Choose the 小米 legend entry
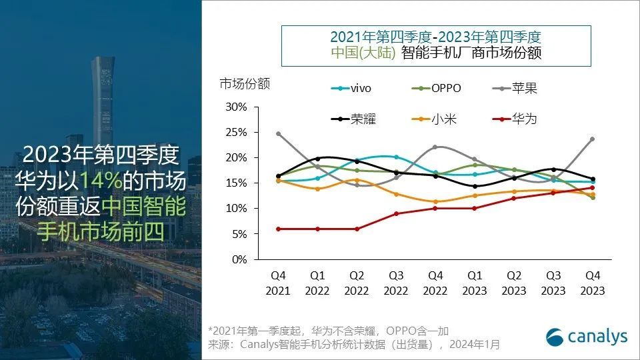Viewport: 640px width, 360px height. [436, 119]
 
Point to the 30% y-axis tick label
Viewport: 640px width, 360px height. [237, 107]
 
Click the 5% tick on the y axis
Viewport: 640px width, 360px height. [239, 234]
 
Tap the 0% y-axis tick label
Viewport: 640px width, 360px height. [239, 259]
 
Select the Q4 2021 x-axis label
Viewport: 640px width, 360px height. [278, 283]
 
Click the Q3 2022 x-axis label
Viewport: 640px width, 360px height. [396, 283]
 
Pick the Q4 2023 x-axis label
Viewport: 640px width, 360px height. [592, 283]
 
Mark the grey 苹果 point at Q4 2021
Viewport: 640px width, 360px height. [278, 133]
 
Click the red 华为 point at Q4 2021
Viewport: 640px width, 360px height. [278, 229]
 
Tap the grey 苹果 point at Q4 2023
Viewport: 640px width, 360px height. [592, 139]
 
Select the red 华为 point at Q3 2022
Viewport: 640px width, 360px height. [396, 213]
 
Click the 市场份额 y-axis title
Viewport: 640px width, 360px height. [245, 84]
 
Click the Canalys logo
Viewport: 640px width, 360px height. [587, 337]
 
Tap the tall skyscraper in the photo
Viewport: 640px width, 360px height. [102, 100]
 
